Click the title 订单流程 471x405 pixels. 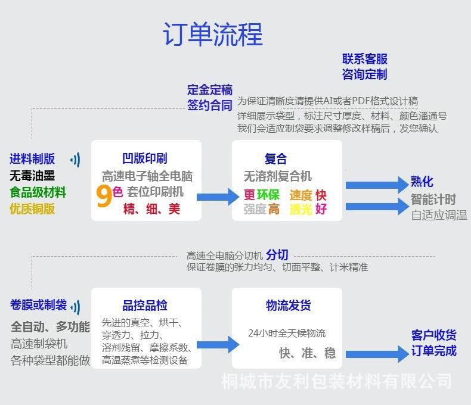click(x=213, y=35)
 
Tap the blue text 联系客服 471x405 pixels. click(x=364, y=59)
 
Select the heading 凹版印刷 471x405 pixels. click(x=144, y=158)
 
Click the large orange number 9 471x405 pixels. click(x=103, y=196)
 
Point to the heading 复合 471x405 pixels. click(x=275, y=158)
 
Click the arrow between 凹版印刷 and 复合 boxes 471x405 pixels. click(x=217, y=195)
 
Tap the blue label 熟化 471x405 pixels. click(x=422, y=182)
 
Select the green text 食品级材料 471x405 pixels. click(x=38, y=192)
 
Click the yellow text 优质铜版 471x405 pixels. click(x=32, y=208)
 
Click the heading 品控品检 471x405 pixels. click(x=145, y=306)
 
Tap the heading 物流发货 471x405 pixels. click(x=288, y=306)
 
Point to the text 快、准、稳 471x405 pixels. click(x=307, y=353)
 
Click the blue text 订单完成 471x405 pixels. click(x=433, y=351)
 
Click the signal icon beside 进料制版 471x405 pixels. click(x=76, y=159)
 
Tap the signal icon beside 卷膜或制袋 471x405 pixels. click(x=76, y=306)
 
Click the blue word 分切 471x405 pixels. click(x=277, y=255)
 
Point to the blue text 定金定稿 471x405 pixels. click(x=209, y=90)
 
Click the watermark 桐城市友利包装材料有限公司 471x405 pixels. click(x=336, y=381)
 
